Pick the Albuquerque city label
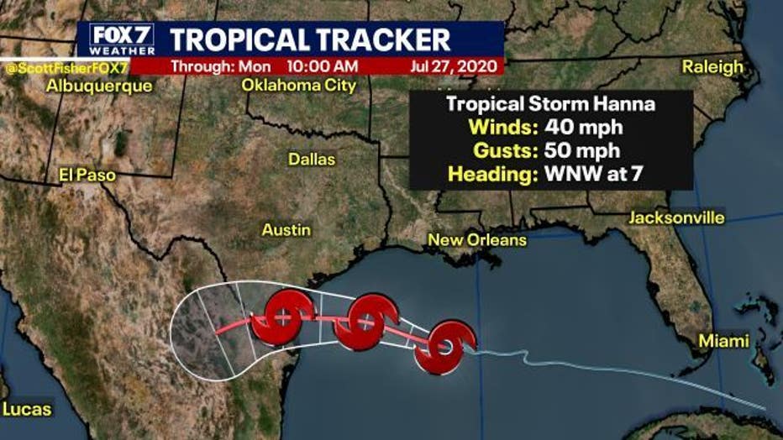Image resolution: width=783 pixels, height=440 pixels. point(100,86)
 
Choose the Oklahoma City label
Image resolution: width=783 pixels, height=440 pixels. point(299,86)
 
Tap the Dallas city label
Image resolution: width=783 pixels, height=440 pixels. point(312,159)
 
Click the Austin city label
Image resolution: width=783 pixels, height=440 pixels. point(286,229)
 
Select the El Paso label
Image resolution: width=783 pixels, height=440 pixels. point(87,175)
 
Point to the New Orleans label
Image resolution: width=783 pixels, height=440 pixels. point(477,240)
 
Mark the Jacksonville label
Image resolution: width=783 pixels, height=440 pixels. point(676,218)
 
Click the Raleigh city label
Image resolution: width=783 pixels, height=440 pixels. point(712,67)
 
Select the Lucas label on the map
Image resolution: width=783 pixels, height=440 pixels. point(27,410)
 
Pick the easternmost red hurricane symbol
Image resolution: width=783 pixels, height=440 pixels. point(444,346)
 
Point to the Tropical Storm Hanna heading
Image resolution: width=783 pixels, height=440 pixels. point(550,105)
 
